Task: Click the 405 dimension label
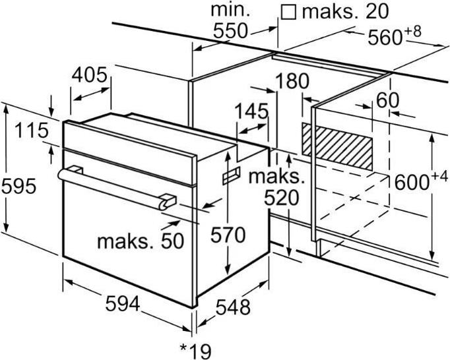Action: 89,75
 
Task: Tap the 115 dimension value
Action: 32,131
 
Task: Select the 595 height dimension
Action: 18,186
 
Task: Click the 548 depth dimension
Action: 233,307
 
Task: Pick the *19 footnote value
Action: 195,351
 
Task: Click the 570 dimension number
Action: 228,235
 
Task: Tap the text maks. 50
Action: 141,241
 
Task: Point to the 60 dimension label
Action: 387,100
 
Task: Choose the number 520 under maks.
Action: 281,198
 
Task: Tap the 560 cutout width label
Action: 385,38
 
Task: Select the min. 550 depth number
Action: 230,31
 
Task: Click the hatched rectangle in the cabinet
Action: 337,146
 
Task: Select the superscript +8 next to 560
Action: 413,32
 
